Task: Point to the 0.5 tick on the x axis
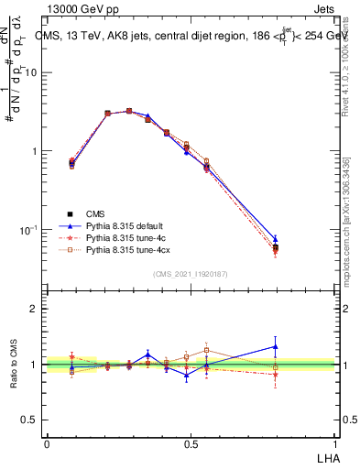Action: coord(191,443)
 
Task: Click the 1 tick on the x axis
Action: coord(336,443)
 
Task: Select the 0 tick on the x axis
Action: coord(47,443)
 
